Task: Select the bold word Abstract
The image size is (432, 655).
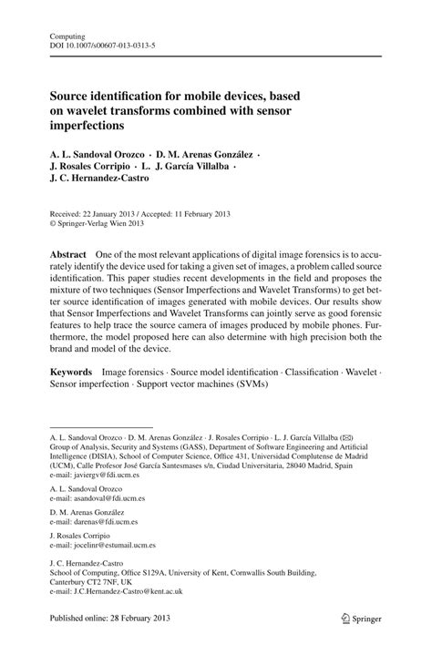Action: (68, 253)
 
